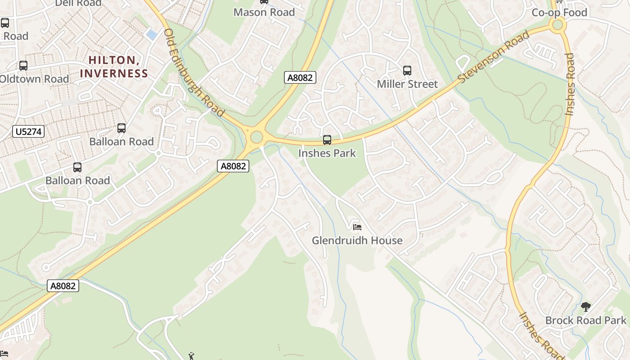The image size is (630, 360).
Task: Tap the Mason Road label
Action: (264, 12)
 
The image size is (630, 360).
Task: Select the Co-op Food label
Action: (559, 13)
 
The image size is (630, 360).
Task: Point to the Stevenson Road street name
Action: (494, 57)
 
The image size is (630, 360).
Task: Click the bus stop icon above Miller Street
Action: (407, 71)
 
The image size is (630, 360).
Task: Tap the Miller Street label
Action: (407, 84)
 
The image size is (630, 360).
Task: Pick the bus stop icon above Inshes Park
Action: (327, 140)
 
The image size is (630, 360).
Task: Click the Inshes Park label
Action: (327, 153)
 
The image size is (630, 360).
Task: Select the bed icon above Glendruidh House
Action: (357, 227)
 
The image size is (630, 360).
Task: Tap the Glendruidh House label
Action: (357, 241)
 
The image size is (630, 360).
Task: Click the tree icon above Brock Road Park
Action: (585, 307)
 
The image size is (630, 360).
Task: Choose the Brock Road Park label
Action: (585, 320)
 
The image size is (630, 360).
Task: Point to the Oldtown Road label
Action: (34, 79)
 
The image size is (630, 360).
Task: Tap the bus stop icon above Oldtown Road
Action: (23, 66)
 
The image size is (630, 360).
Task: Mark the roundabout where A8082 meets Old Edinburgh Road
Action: (256, 136)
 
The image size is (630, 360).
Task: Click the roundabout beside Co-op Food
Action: (558, 25)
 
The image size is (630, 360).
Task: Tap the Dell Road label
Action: (78, 4)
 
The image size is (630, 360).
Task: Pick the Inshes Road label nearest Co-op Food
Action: (570, 85)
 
